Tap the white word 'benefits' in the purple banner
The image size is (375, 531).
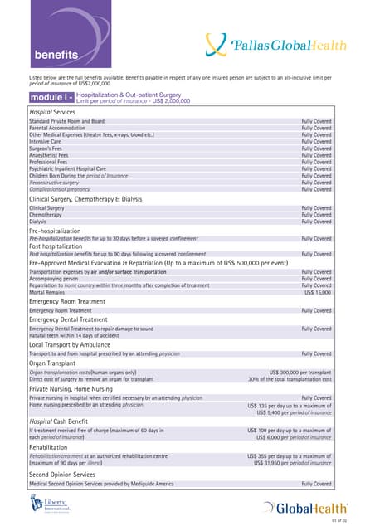click(56, 56)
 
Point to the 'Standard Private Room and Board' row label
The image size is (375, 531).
click(66, 122)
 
